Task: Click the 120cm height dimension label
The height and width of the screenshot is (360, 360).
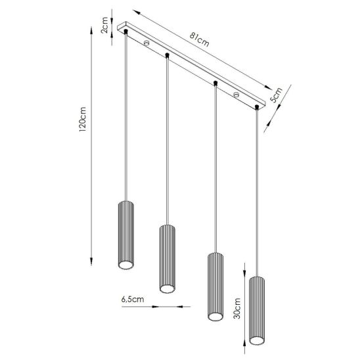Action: (x=82, y=119)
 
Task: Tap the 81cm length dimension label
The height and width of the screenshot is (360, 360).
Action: (x=199, y=39)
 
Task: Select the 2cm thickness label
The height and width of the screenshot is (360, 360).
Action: (x=104, y=25)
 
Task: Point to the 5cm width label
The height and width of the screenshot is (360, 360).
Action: (x=276, y=95)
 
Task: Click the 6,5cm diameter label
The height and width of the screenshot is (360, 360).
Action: (x=133, y=300)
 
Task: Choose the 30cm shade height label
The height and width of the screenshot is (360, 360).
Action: (x=236, y=308)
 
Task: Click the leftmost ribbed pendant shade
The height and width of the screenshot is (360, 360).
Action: (x=126, y=235)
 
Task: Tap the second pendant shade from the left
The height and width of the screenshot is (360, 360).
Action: (x=168, y=259)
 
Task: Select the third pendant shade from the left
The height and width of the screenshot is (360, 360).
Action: (x=215, y=286)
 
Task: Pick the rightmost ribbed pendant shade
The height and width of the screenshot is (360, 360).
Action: (x=257, y=311)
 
